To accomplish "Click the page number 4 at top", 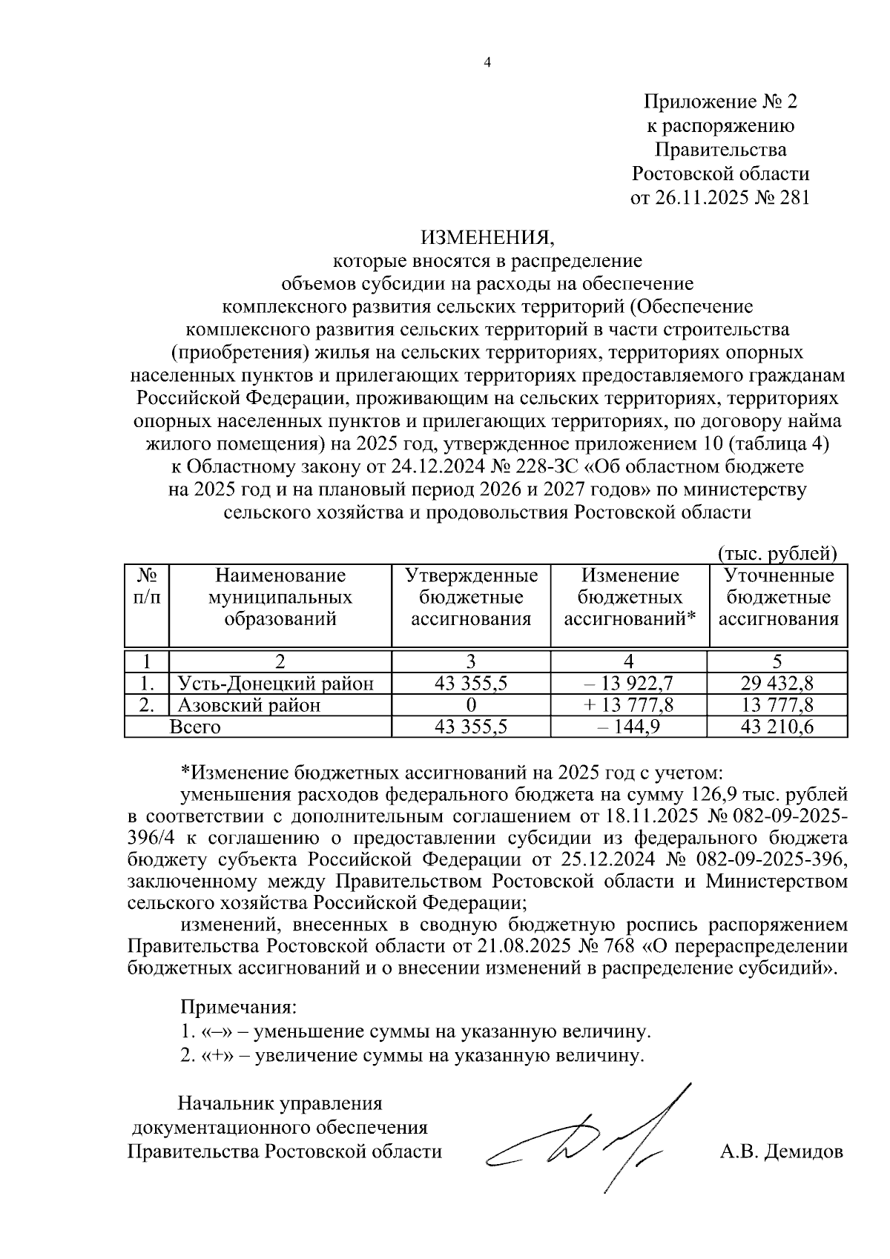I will click(x=487, y=63).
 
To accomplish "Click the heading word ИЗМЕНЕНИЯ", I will click(x=487, y=239).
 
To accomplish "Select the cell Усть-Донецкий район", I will click(x=275, y=683).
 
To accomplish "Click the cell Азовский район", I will click(x=248, y=704).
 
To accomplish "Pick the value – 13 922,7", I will click(x=628, y=683).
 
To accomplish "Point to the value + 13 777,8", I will click(x=628, y=704).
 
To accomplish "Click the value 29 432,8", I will click(x=777, y=683).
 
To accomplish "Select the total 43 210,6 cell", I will click(x=777, y=727).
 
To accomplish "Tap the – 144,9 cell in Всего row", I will click(x=628, y=727).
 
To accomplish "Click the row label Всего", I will click(x=195, y=727).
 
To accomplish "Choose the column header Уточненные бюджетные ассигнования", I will click(x=778, y=598).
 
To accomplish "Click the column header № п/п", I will click(x=146, y=586).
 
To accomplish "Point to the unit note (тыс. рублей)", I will click(x=777, y=552).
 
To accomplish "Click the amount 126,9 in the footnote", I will click(x=714, y=795).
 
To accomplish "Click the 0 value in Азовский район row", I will click(x=470, y=704).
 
